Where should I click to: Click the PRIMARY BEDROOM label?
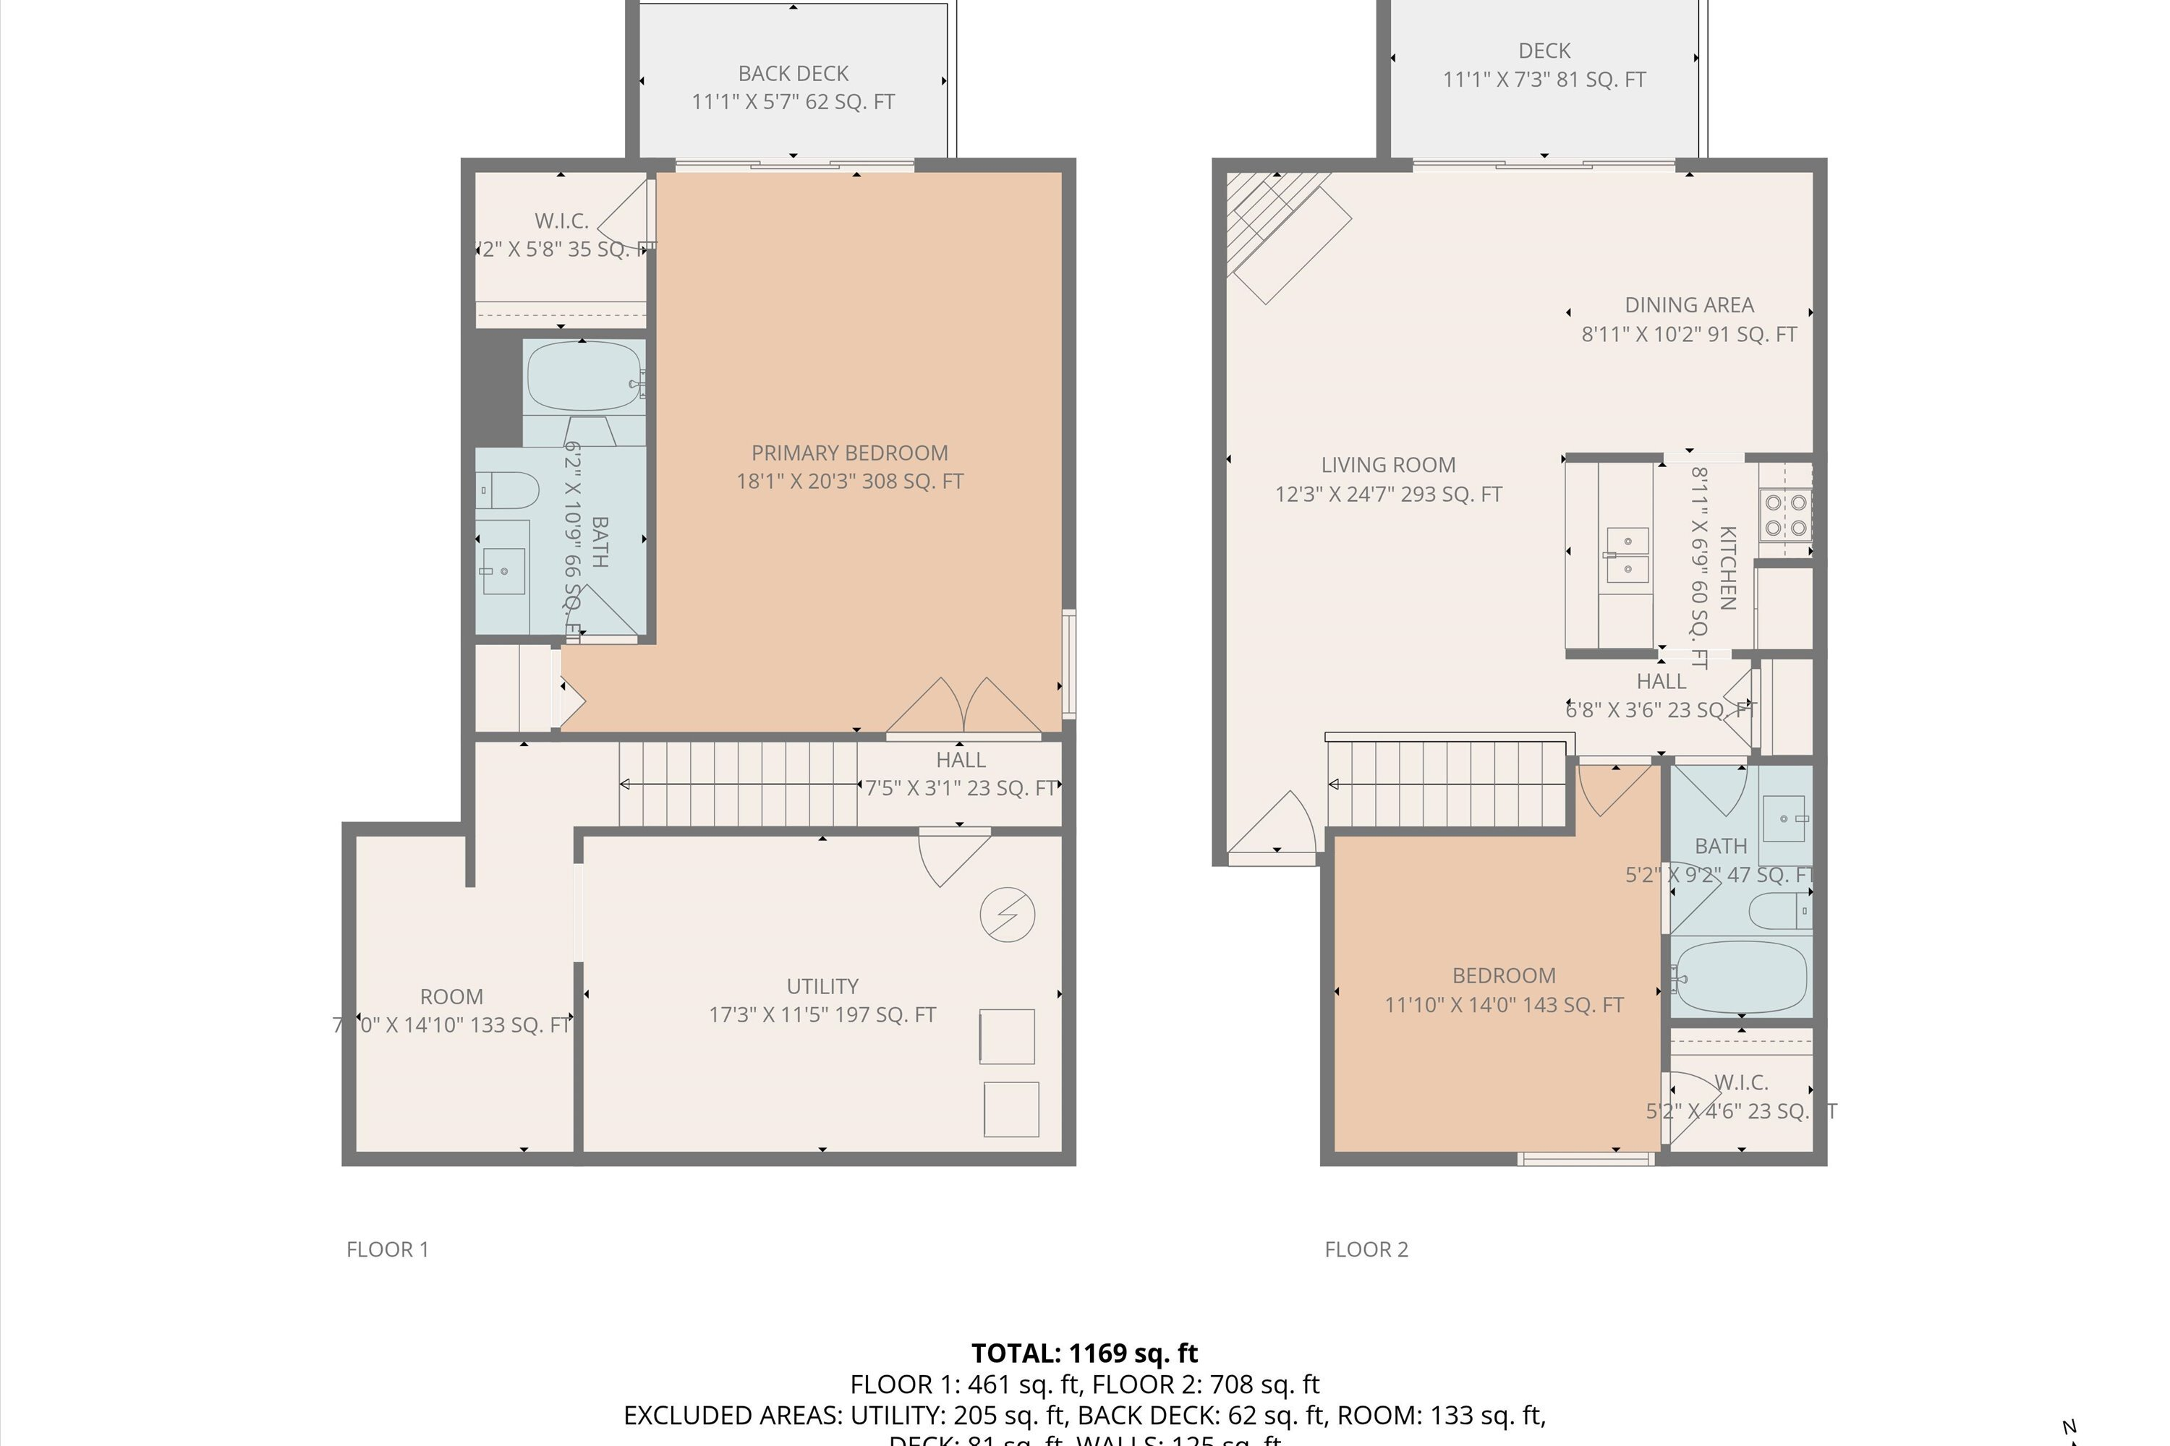click(848, 453)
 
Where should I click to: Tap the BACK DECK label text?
click(793, 74)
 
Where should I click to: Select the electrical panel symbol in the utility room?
click(1007, 915)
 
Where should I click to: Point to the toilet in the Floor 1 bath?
click(509, 491)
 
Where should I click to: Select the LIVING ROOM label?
click(1387, 466)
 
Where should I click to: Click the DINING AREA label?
click(1688, 305)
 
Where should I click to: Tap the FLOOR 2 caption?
click(1366, 1249)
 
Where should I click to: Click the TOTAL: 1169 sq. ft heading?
click(1084, 1353)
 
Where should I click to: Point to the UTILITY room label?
click(822, 986)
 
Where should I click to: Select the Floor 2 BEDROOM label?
click(1503, 975)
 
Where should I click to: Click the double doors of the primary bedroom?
click(963, 707)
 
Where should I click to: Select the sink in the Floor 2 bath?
click(1784, 818)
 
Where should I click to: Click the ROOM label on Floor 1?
click(451, 997)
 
